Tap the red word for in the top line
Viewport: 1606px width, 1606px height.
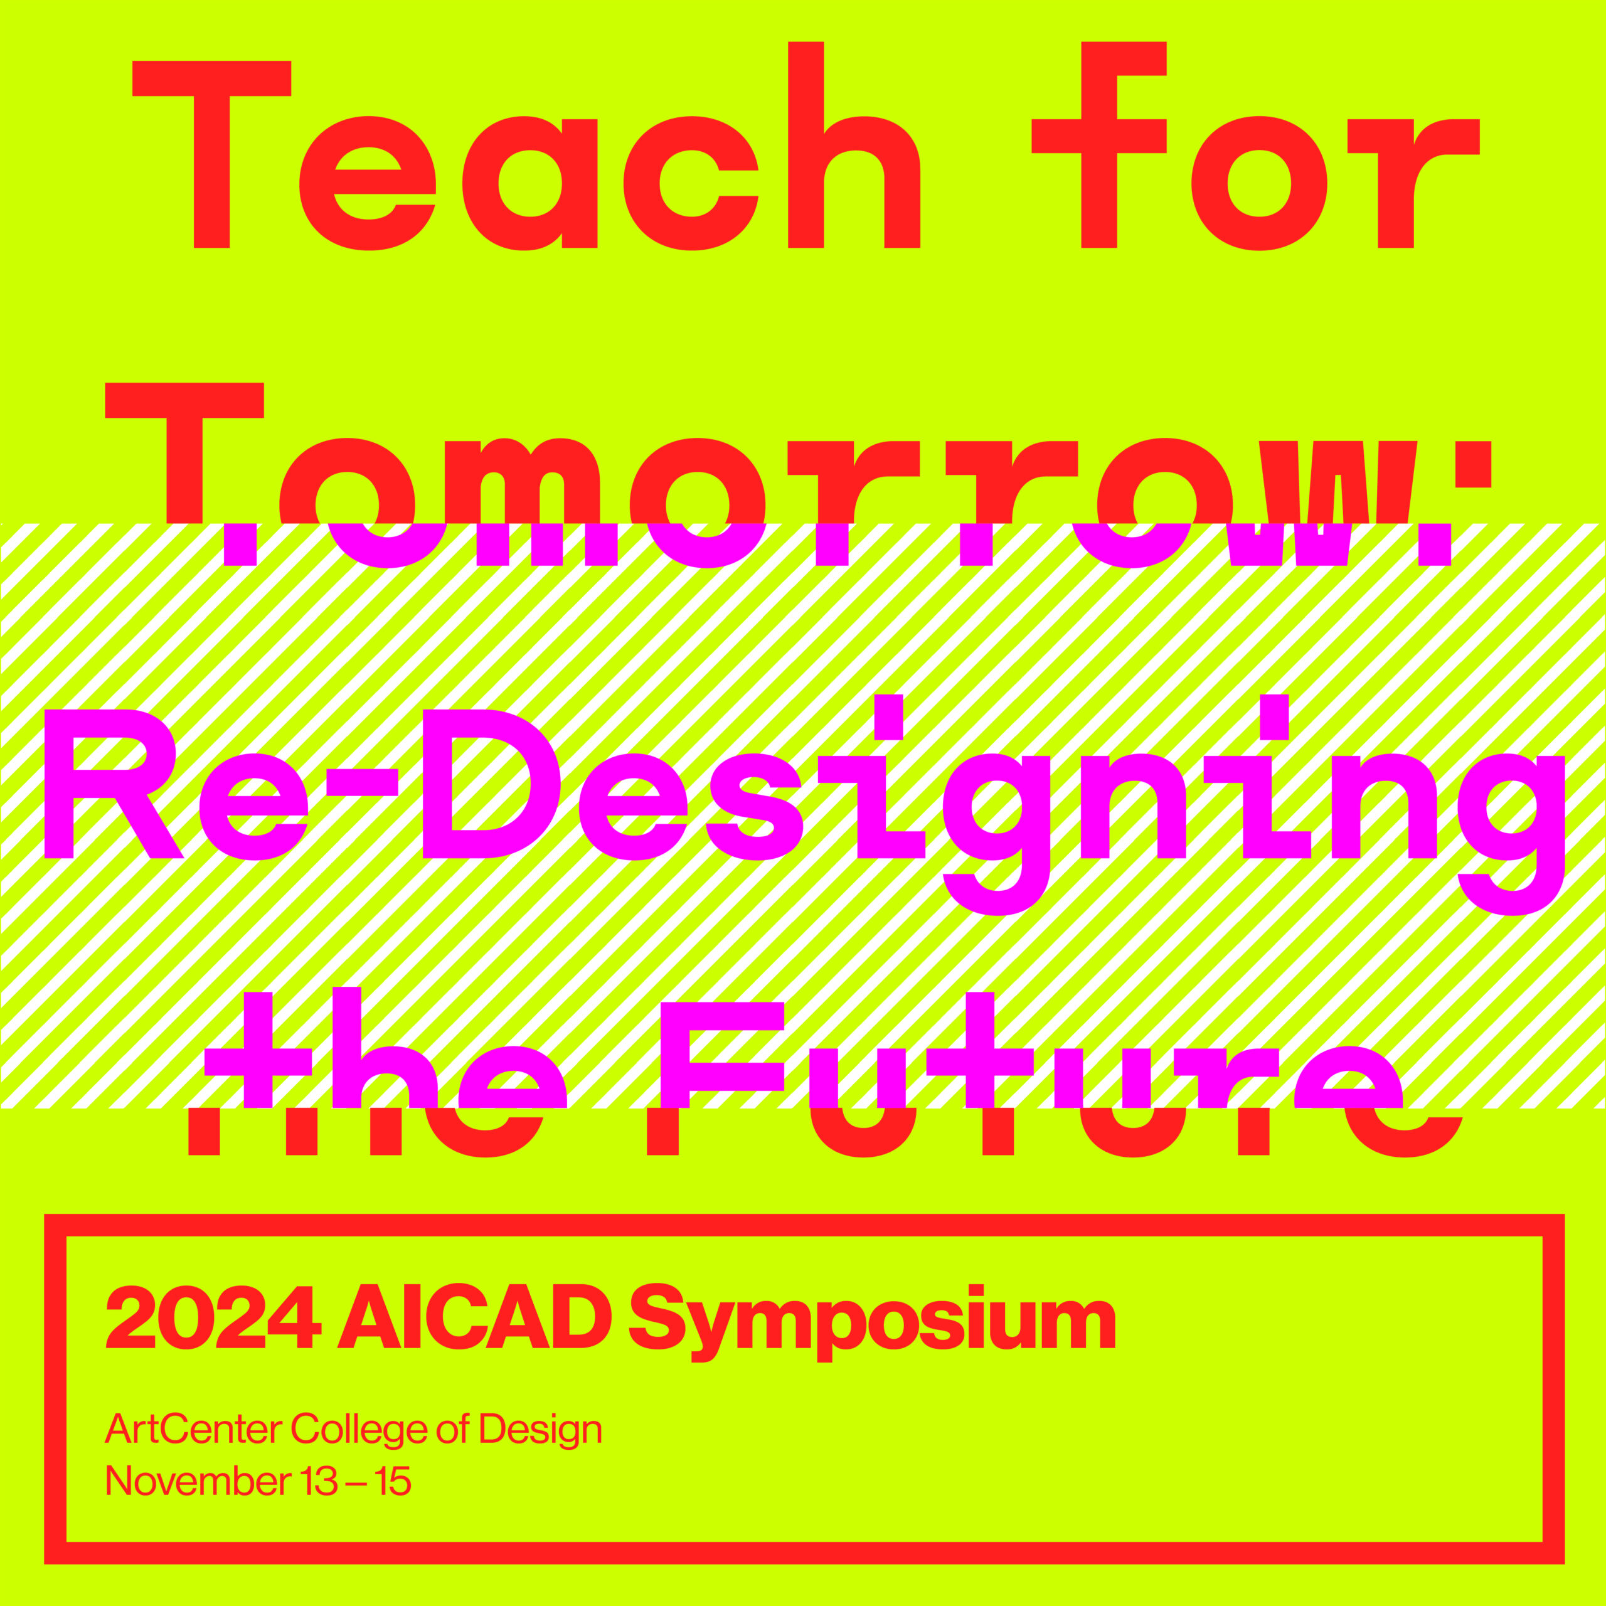click(x=1255, y=146)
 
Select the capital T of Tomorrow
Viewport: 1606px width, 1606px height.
click(x=184, y=453)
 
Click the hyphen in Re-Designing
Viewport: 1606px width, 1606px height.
click(x=361, y=782)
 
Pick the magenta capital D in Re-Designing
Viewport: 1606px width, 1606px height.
click(x=491, y=784)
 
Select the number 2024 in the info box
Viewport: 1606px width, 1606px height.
click(x=214, y=1317)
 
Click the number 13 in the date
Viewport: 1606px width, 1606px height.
click(x=319, y=1481)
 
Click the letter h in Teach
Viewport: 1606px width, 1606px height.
click(x=854, y=146)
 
